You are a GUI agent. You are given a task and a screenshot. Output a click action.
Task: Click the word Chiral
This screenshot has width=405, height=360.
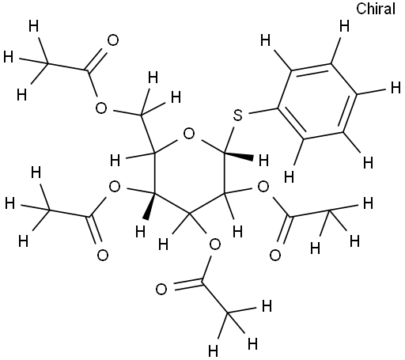376,9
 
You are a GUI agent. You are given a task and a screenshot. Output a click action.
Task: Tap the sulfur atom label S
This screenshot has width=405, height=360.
238,116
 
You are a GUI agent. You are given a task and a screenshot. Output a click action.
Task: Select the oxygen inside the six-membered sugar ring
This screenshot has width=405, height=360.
189,134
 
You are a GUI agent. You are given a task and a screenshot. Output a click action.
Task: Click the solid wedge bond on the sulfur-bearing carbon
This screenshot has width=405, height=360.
239,156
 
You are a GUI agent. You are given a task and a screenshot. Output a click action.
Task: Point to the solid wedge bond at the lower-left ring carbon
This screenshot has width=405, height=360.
150,207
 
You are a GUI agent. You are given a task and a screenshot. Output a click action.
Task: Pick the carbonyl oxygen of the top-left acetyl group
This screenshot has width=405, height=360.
113,40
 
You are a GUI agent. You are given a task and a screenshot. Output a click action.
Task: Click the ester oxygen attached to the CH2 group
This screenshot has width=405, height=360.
101,108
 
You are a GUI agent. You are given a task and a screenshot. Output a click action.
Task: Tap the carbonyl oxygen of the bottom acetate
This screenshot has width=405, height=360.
161,290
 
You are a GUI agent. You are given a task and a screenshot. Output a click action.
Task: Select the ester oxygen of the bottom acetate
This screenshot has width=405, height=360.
214,245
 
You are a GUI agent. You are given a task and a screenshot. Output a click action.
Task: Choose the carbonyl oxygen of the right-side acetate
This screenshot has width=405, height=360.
275,255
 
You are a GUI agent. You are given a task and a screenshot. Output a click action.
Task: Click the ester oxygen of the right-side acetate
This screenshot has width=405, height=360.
263,187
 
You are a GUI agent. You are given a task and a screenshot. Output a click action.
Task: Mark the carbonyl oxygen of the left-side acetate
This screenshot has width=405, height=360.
102,255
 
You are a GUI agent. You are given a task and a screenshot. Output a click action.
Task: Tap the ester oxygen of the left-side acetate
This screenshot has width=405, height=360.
115,187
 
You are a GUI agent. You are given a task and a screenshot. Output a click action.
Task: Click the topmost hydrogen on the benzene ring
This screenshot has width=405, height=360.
344,26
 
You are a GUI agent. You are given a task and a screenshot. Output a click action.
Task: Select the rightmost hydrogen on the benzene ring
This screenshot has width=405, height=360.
396,88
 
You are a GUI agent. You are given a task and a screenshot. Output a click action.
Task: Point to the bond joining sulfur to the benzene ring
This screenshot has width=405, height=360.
263,112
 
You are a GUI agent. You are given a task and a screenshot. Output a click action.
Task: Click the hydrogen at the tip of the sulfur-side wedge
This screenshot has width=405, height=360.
263,161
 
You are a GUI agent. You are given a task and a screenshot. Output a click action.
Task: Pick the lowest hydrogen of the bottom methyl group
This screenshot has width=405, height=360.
213,351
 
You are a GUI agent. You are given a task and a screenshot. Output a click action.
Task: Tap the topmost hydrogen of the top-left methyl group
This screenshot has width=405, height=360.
33,26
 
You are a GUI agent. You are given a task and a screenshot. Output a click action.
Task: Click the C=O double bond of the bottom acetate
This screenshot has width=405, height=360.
187,284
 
